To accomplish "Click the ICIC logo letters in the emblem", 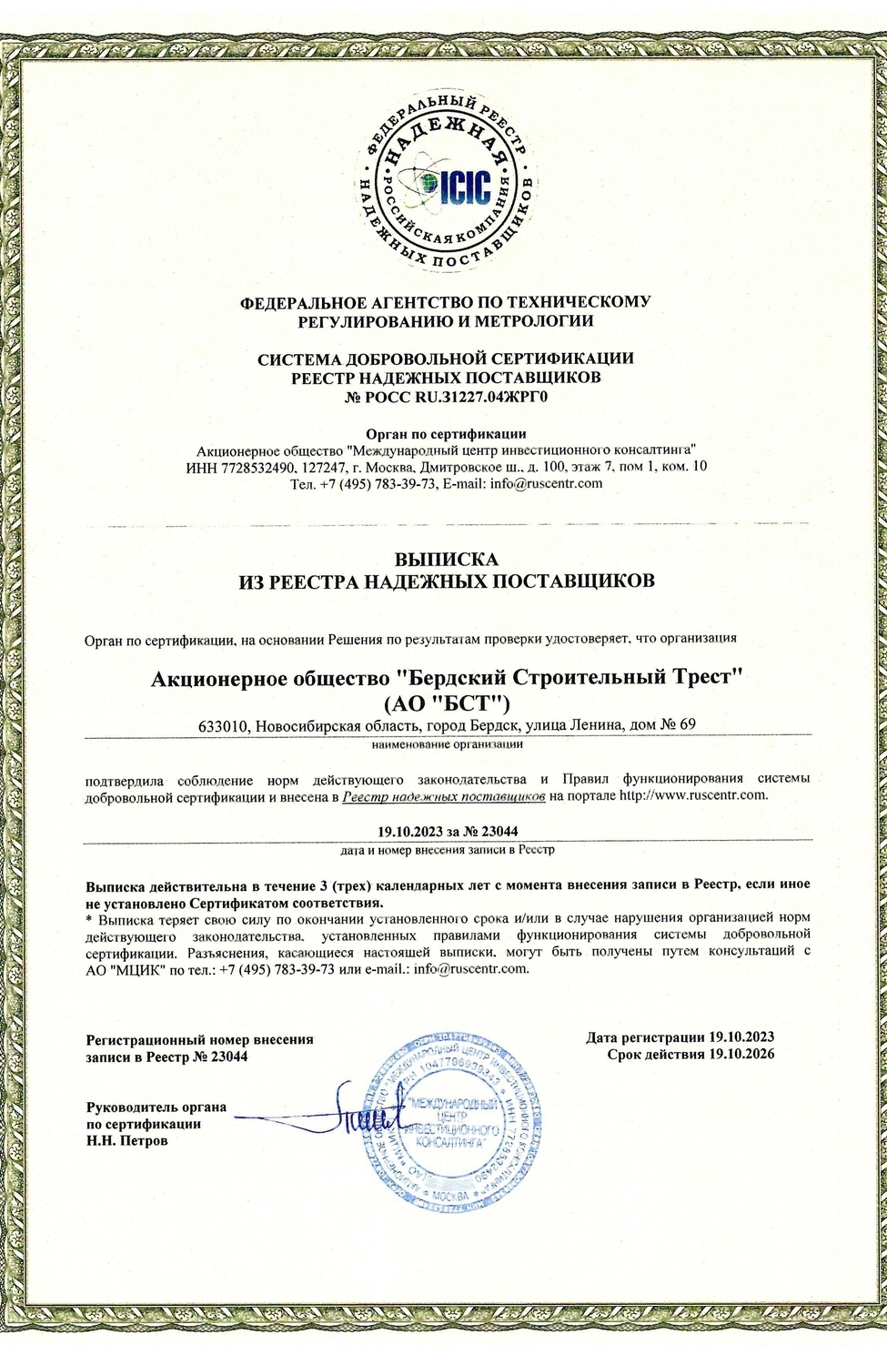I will (464, 186).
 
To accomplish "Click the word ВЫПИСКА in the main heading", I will (446, 559).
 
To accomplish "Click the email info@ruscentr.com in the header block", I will (546, 483).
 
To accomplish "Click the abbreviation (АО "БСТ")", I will (446, 702).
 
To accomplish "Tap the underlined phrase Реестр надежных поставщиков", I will (444, 795).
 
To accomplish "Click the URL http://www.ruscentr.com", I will (693, 795).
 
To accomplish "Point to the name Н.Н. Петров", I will (126, 1140).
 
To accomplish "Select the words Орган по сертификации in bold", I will (446, 433).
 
